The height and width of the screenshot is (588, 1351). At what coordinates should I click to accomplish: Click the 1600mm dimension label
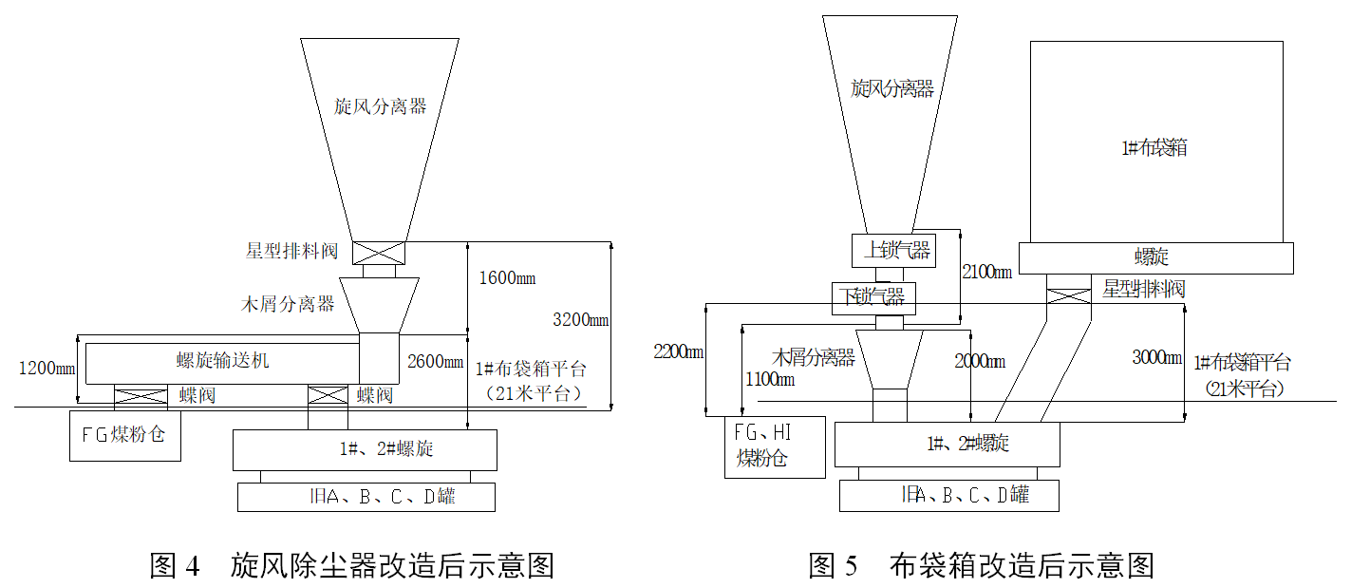point(507,278)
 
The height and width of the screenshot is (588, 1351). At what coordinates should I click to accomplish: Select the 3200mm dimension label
point(580,319)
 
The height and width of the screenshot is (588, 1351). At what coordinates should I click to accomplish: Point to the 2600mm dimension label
point(432,361)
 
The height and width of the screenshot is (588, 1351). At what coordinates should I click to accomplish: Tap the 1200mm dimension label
point(47,367)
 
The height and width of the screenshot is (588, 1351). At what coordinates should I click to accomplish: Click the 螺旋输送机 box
point(223,362)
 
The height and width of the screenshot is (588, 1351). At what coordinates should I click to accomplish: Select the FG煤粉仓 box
point(125,436)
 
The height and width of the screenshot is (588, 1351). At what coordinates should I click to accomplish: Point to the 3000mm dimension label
point(1157,358)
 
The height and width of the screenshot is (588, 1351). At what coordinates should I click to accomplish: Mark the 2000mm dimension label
point(980,361)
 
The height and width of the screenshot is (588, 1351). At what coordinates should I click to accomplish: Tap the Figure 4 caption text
point(351,566)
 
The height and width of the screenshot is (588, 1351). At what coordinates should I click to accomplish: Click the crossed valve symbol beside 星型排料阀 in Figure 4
point(379,253)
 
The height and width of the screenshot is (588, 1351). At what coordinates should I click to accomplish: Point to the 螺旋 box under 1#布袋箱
point(1155,257)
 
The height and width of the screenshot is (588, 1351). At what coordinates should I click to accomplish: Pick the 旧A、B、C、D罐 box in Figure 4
point(366,497)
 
